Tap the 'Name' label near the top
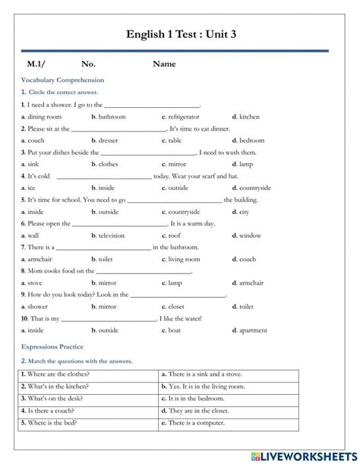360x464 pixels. tap(164, 64)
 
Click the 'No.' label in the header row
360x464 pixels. tap(88, 64)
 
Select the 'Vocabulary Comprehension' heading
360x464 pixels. tap(63, 80)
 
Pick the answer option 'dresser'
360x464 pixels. tap(108, 140)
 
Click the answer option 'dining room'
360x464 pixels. tap(44, 117)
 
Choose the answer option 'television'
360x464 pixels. tap(112, 235)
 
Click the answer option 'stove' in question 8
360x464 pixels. tap(35, 283)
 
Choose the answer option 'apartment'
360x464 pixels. tap(253, 330)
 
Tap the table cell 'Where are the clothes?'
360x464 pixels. tap(57, 374)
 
